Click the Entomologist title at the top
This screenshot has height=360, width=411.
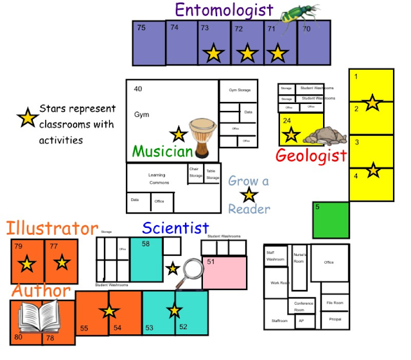pos(223,10)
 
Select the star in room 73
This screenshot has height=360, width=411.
pos(213,53)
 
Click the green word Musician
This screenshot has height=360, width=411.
pos(162,151)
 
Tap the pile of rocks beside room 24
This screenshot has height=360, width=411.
pos(325,135)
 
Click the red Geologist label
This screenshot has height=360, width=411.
pos(311,155)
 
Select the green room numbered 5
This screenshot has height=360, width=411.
pos(331,220)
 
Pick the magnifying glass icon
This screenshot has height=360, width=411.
pos(192,268)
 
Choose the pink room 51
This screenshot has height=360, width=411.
pos(224,273)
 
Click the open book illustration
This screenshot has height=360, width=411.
pos(38,316)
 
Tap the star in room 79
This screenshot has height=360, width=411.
pos(27,263)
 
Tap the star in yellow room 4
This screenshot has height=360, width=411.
pos(372,171)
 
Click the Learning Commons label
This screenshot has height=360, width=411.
pos(159,178)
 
